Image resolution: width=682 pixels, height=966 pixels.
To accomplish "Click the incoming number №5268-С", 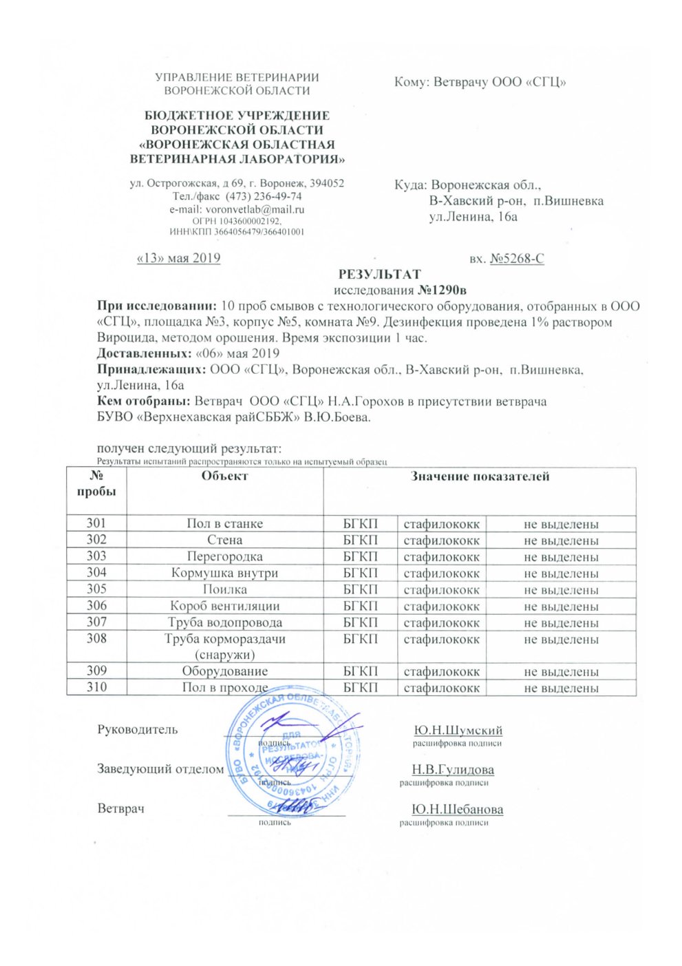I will (x=517, y=259).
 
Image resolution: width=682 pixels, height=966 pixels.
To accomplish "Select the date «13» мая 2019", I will (x=179, y=258).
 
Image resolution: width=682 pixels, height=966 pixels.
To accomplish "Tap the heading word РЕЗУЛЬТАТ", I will (x=380, y=274).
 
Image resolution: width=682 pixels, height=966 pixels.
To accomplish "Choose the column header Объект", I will (x=224, y=476).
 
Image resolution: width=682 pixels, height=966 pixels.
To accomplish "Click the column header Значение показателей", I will (x=480, y=476).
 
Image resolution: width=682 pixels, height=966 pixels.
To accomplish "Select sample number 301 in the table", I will (x=96, y=523).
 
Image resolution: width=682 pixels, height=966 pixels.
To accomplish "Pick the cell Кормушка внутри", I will (x=224, y=573).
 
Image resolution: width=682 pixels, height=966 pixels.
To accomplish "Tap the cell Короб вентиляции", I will (x=224, y=606).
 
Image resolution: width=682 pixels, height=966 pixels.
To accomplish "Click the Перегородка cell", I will (x=224, y=556).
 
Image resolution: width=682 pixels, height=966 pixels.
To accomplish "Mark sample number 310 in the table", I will (x=96, y=687).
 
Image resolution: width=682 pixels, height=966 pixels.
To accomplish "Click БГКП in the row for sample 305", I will (x=360, y=589).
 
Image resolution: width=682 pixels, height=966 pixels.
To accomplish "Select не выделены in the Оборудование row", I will (x=561, y=671).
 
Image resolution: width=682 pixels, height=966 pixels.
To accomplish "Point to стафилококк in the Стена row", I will (x=441, y=540).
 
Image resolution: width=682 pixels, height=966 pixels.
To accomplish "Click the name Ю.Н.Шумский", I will (x=458, y=731).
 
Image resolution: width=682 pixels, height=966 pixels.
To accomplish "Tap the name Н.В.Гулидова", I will (x=453, y=770).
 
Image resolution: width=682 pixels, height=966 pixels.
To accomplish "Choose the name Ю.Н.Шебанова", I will (x=457, y=810).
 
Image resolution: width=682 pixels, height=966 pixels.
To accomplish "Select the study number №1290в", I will (x=443, y=290).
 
